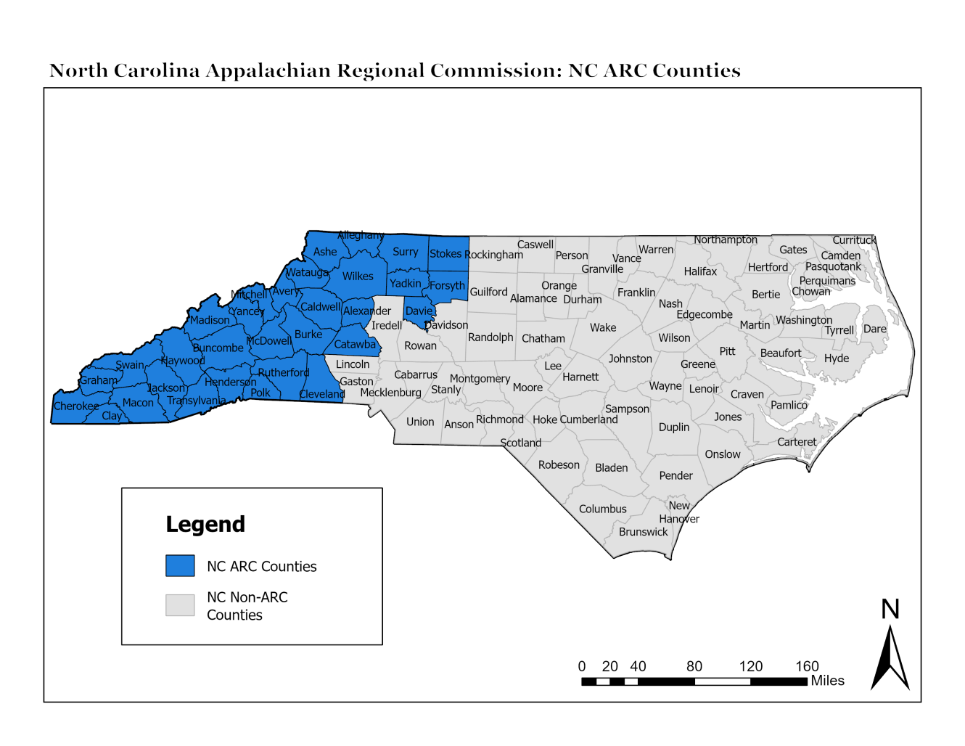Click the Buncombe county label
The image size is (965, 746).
[218, 348]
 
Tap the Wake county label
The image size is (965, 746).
[603, 328]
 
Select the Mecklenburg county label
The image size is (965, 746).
[390, 393]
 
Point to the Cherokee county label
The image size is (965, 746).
[76, 406]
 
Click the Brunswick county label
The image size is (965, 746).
[643, 532]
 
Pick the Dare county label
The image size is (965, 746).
[874, 329]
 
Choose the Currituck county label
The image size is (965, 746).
[854, 240]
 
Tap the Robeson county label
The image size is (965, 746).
[559, 465]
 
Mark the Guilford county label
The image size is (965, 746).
[488, 292]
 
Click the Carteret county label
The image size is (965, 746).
[797, 442]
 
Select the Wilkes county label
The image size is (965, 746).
[358, 276]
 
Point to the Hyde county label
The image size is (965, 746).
[836, 358]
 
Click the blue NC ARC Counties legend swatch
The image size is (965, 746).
[180, 566]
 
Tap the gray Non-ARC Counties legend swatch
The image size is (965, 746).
[180, 605]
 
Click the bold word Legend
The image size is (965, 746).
[205, 524]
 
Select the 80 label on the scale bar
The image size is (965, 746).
[694, 666]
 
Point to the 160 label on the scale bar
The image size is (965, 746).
[807, 666]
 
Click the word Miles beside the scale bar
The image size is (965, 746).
[827, 681]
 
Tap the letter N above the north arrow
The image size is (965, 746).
[890, 610]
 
